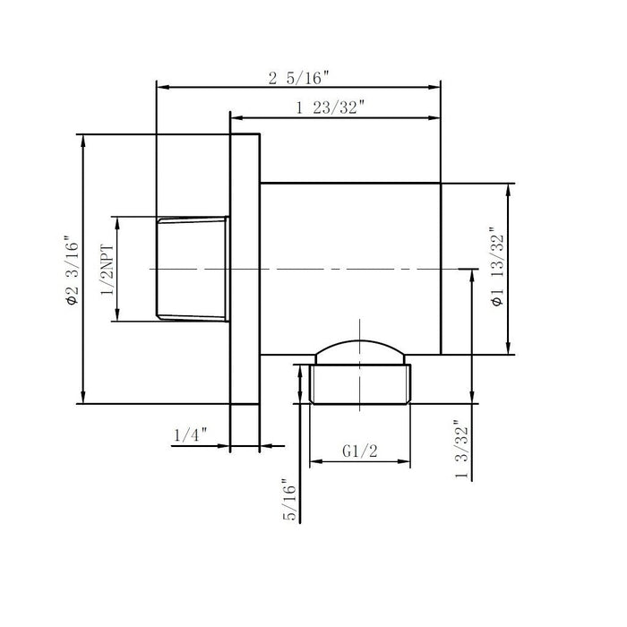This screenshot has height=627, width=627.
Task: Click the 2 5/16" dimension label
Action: pyautogui.click(x=298, y=78)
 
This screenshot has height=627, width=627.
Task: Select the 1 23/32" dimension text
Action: pyautogui.click(x=331, y=107)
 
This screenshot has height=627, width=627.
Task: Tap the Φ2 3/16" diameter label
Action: pyautogui.click(x=73, y=273)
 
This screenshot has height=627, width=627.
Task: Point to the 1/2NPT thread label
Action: pyautogui.click(x=107, y=269)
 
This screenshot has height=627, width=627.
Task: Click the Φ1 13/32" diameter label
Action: pyautogui.click(x=497, y=268)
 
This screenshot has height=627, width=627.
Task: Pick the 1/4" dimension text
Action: pyautogui.click(x=191, y=434)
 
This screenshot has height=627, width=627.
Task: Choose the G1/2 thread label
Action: pyautogui.click(x=360, y=451)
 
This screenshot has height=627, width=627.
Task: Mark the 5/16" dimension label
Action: pyautogui.click(x=289, y=500)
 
